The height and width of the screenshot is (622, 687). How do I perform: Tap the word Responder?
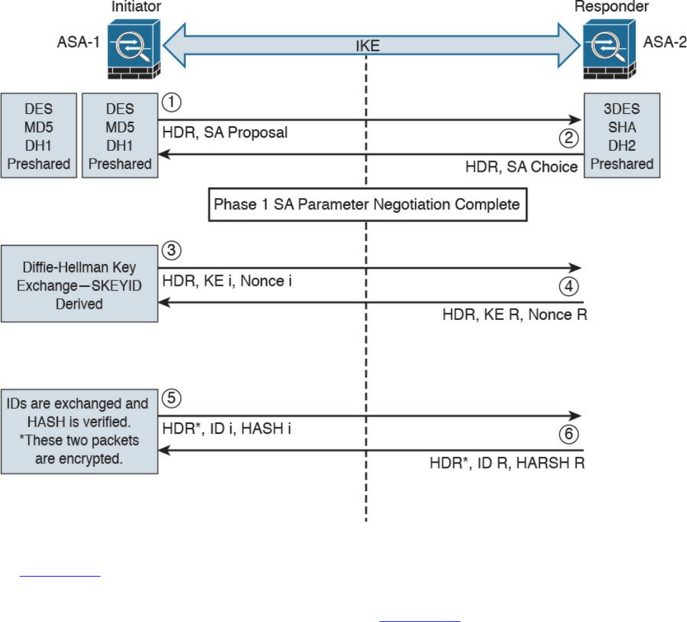[611, 7]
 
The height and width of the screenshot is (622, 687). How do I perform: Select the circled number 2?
[568, 139]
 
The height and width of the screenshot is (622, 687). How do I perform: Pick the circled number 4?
[568, 287]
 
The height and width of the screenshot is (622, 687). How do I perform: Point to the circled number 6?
[568, 435]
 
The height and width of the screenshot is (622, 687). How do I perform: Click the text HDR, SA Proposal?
[225, 132]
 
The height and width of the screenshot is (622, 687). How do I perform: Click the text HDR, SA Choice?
[521, 167]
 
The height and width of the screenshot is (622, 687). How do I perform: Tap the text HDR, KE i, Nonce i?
[226, 280]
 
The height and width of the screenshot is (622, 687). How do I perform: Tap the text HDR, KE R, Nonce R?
[514, 315]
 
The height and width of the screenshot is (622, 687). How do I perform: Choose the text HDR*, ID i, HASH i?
[226, 428]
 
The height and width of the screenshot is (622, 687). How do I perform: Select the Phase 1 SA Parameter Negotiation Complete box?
[367, 204]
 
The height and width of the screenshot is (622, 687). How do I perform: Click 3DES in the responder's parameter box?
[621, 109]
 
